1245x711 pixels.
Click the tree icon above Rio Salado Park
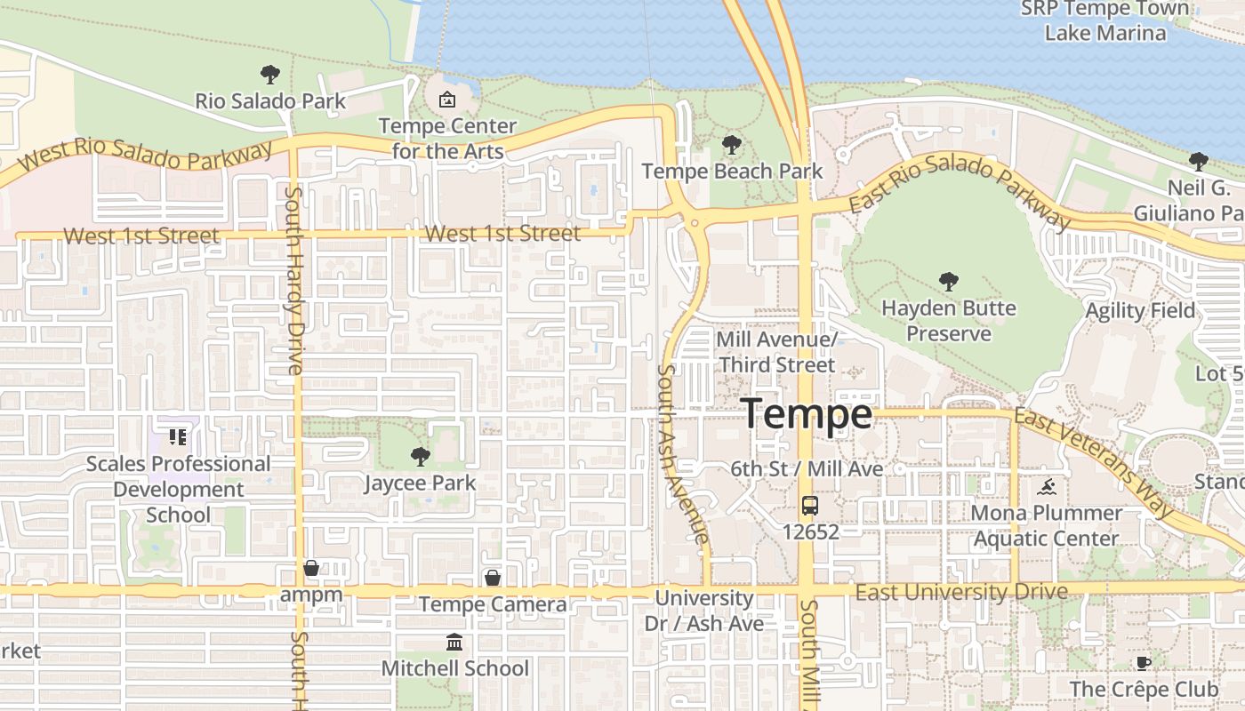269,75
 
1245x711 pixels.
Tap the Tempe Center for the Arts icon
447,99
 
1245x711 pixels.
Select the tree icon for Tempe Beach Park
731,144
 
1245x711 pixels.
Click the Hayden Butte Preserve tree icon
948,282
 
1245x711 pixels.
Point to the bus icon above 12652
809,506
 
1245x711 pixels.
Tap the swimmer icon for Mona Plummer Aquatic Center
1047,487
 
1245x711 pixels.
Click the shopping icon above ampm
311,567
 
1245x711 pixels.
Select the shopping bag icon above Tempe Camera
492,578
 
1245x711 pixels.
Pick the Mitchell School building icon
454,642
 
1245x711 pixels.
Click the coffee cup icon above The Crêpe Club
1144,663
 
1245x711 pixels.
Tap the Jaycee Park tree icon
420,457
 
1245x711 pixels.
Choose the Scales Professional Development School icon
178,437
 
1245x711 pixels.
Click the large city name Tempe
807,414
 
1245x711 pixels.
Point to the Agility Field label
1140,311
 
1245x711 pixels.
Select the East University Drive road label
961,592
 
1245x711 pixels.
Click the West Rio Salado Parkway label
146,156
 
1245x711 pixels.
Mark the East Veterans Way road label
1094,462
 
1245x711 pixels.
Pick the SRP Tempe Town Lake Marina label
1104,20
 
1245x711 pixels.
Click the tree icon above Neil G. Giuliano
1198,161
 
